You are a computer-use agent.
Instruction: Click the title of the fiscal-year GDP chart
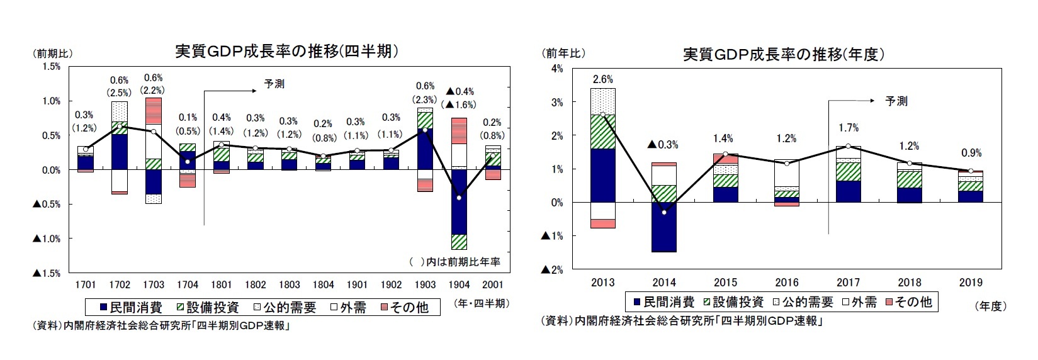784,54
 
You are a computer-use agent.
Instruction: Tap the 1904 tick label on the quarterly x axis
460,285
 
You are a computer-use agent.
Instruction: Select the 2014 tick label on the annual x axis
664,283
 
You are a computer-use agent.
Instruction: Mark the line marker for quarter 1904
460,198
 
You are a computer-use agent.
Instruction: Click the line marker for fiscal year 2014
664,212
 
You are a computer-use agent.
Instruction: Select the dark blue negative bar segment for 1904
460,201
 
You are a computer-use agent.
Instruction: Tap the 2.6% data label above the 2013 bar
602,79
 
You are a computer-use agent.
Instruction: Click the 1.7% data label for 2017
848,128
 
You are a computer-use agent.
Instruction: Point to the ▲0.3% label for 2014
663,145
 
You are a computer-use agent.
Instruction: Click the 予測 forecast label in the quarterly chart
274,84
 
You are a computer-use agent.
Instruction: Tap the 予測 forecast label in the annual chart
896,101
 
